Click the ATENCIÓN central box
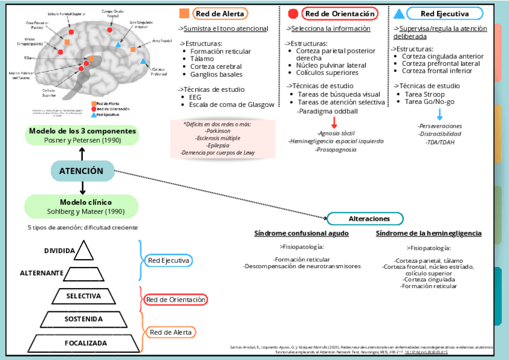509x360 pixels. coord(81,171)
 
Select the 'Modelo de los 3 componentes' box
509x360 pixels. coord(82,135)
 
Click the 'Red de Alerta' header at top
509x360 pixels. coord(220,14)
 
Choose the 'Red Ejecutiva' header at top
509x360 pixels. coord(444,14)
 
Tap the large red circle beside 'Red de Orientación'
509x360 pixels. coord(293,14)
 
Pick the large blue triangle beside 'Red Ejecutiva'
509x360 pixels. coord(397,14)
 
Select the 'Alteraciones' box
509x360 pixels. coord(366,219)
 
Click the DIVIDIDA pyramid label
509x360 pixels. coord(59,251)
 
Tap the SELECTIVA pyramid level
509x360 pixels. coord(83,296)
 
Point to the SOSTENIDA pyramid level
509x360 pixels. coord(83,319)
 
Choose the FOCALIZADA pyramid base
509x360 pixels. coord(83,343)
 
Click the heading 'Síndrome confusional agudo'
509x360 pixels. coord(301,233)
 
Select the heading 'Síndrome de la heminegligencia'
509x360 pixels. coord(428,233)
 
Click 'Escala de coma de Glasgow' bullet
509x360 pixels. coord(232,104)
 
